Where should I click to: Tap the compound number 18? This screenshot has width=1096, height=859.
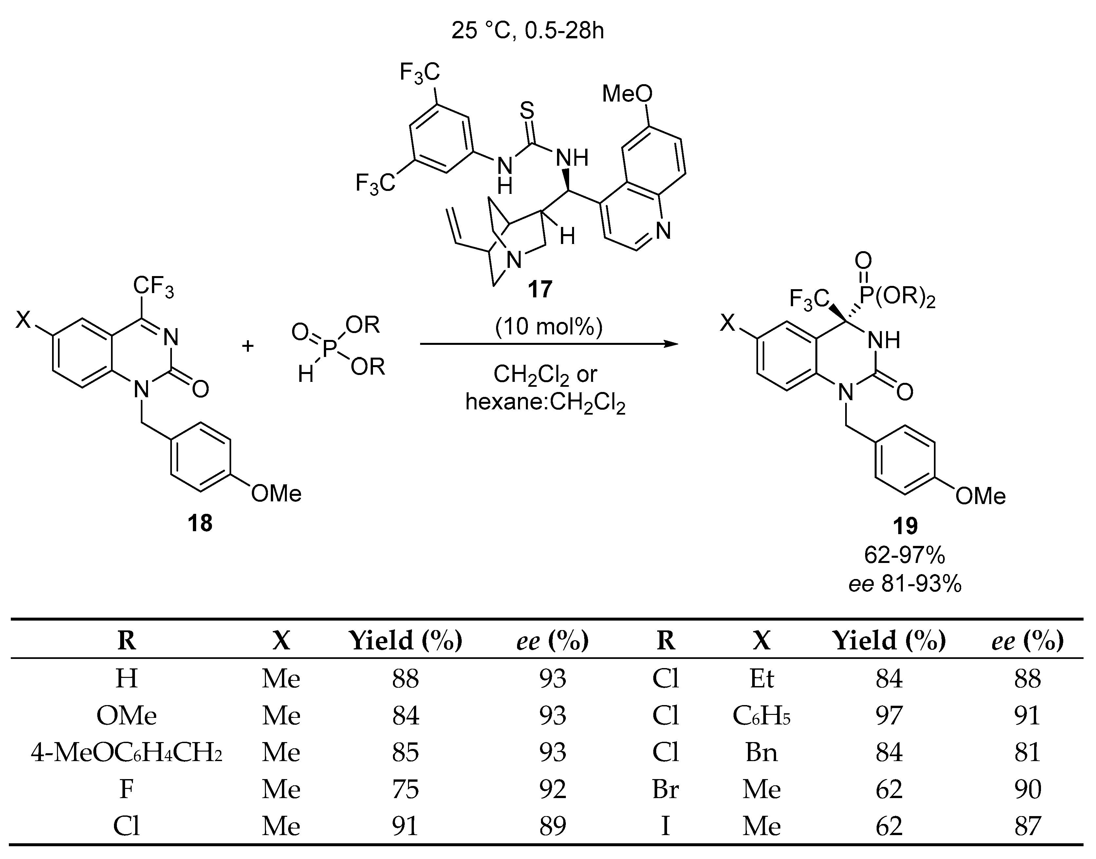[x=200, y=523]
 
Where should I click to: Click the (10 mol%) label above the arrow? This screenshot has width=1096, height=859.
[x=548, y=327]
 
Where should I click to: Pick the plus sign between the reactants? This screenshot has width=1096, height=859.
[x=247, y=346]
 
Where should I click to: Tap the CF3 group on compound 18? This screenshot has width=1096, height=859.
[x=153, y=287]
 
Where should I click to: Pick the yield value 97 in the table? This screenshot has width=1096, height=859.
[x=889, y=716]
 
